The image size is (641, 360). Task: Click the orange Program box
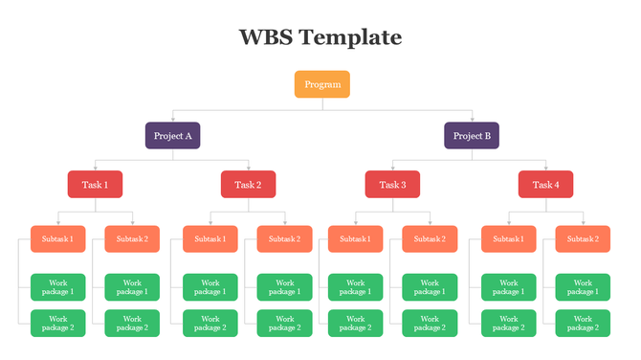321,84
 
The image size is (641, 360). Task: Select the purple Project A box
172,135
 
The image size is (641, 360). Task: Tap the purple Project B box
471,135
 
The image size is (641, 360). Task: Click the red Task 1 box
95,185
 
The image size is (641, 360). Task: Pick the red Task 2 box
248,185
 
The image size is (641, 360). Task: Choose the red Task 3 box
392,185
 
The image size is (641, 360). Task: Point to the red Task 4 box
545,185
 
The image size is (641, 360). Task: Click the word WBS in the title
264,37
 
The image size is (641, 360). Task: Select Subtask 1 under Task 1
57,238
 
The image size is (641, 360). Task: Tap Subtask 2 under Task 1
132,238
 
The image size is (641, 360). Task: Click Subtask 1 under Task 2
210,238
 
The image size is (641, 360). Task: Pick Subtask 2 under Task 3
430,238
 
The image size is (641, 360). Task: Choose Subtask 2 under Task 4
583,238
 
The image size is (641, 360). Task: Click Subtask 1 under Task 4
508,238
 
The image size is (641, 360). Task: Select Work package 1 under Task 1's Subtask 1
57,287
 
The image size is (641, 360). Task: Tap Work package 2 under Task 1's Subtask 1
57,323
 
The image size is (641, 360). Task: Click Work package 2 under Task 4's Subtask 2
583,323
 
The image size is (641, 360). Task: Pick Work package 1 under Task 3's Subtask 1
355,287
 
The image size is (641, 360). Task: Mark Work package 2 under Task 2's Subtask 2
284,323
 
